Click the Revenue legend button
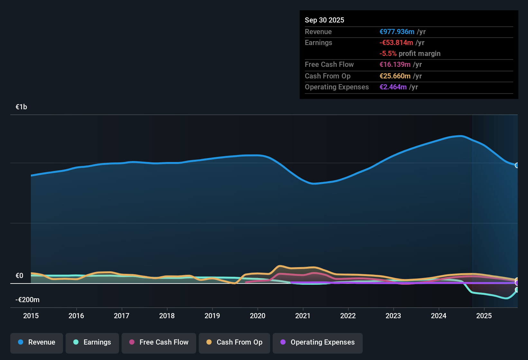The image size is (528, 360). tap(37, 342)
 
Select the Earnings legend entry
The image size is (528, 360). tap(92, 342)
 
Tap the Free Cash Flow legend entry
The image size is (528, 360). tap(159, 342)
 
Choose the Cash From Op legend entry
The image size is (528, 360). tap(234, 342)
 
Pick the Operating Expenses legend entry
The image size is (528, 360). tap(318, 342)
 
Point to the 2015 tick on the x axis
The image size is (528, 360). tap(31, 316)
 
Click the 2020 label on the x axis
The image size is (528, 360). tap(258, 316)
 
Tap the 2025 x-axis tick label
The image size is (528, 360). tap(484, 316)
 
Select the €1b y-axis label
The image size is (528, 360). tap(21, 107)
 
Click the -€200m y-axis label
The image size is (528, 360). tap(27, 300)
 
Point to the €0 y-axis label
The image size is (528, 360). tap(19, 276)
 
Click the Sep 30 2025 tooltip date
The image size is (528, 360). tap(324, 20)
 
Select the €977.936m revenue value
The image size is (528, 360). tap(397, 32)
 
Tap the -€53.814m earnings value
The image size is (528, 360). tap(396, 43)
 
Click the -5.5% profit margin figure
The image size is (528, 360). tap(388, 54)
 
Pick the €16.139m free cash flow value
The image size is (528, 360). tap(395, 65)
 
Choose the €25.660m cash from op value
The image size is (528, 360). tap(395, 76)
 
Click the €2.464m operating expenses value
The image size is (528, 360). tap(393, 87)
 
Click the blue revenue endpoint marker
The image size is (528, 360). tap(517, 165)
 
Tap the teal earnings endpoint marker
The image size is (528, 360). tap(517, 290)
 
